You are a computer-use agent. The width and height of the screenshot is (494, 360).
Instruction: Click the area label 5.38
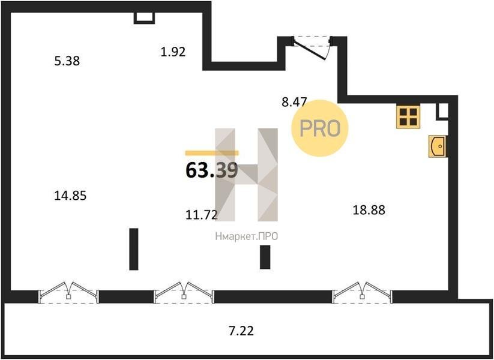click(67, 61)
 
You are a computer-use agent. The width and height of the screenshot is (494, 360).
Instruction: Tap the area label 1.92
click(173, 52)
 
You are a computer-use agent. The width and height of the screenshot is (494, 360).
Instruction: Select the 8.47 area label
click(294, 102)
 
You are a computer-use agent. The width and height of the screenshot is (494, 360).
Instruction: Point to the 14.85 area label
click(70, 196)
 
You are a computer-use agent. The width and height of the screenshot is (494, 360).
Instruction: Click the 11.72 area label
click(202, 215)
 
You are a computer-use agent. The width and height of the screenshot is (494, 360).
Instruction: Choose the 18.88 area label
click(369, 210)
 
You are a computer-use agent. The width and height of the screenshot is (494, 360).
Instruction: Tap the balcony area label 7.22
click(241, 331)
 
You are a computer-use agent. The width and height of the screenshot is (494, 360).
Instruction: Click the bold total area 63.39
click(212, 171)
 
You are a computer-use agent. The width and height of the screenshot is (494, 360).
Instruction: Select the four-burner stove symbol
click(408, 117)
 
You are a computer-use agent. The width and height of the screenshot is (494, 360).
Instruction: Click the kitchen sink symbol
click(437, 146)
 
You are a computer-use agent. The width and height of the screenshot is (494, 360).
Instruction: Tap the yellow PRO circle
click(319, 128)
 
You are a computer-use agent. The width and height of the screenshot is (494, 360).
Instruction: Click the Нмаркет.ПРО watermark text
click(247, 236)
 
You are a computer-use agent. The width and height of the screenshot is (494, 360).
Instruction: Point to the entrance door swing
click(312, 48)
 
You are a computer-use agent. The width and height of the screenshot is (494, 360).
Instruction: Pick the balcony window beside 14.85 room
click(68, 293)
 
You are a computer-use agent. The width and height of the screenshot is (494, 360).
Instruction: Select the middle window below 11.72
click(184, 293)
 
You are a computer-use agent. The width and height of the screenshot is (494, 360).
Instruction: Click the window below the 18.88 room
click(363, 293)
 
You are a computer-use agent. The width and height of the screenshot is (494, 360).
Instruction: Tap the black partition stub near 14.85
click(134, 249)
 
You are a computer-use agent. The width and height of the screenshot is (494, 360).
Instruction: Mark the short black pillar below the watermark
click(265, 257)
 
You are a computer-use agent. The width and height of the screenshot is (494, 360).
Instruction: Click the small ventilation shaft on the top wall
click(145, 18)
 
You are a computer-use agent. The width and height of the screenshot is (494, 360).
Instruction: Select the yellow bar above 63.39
click(212, 153)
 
